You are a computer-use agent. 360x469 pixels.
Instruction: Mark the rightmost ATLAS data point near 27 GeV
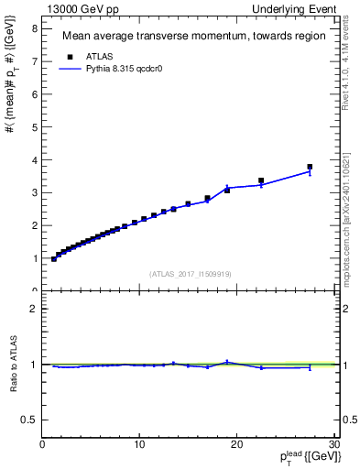(x=310, y=167)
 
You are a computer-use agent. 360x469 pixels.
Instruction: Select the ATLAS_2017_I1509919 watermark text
(x=191, y=274)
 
